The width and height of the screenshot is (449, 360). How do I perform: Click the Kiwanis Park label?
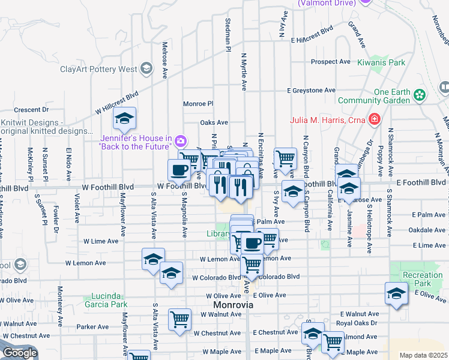tap(381, 62)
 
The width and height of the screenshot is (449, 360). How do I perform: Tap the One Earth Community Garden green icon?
tap(420, 94)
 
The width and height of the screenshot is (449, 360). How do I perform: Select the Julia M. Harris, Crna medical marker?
tap(375, 119)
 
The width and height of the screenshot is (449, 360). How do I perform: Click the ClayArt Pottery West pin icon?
tap(146, 68)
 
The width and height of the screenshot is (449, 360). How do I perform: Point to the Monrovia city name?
tap(232, 305)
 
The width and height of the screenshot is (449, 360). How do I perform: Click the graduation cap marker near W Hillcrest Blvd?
tap(125, 118)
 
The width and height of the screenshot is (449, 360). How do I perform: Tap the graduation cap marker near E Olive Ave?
tap(397, 293)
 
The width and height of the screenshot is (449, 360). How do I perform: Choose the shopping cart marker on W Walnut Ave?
tap(179, 320)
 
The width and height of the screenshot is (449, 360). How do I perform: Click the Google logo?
tap(19, 353)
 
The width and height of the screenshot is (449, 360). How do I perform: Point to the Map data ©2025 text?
tap(423, 355)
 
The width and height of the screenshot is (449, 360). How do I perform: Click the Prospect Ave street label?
tap(330, 62)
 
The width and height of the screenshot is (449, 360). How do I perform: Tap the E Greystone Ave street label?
tap(311, 91)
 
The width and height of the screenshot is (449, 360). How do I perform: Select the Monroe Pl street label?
tap(198, 103)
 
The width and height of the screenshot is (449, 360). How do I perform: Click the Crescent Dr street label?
tap(31, 110)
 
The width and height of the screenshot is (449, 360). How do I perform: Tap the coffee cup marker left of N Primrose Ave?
tap(179, 170)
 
